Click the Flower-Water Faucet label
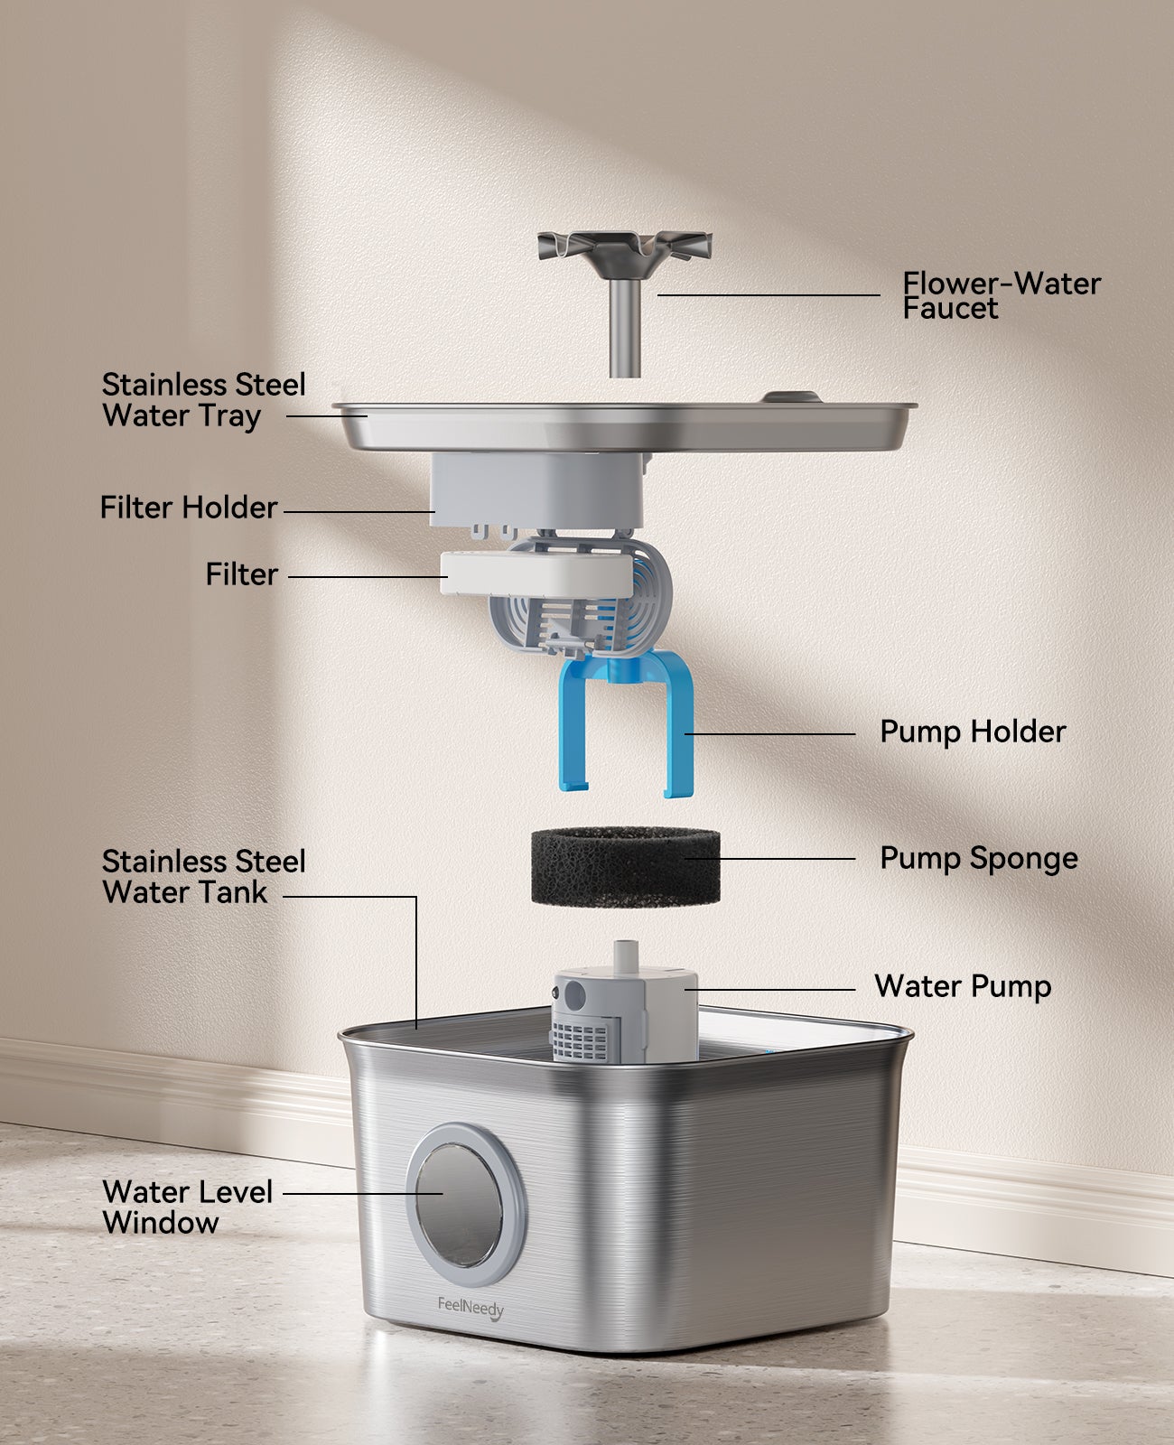tap(1001, 295)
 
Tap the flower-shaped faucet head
tap(625, 247)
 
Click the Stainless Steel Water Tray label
tap(203, 400)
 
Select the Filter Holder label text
tap(188, 508)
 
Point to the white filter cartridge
tap(535, 573)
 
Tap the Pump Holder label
tap(973, 732)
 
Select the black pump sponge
tap(625, 865)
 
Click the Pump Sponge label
tap(978, 858)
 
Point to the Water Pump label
tap(962, 986)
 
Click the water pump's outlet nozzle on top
tap(626, 956)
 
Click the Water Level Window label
tap(187, 1207)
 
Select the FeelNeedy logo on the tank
tap(471, 1307)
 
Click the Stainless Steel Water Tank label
tap(203, 877)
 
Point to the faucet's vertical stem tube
tap(625, 330)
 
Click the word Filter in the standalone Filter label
tap(241, 574)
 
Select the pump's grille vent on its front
tap(582, 1038)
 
